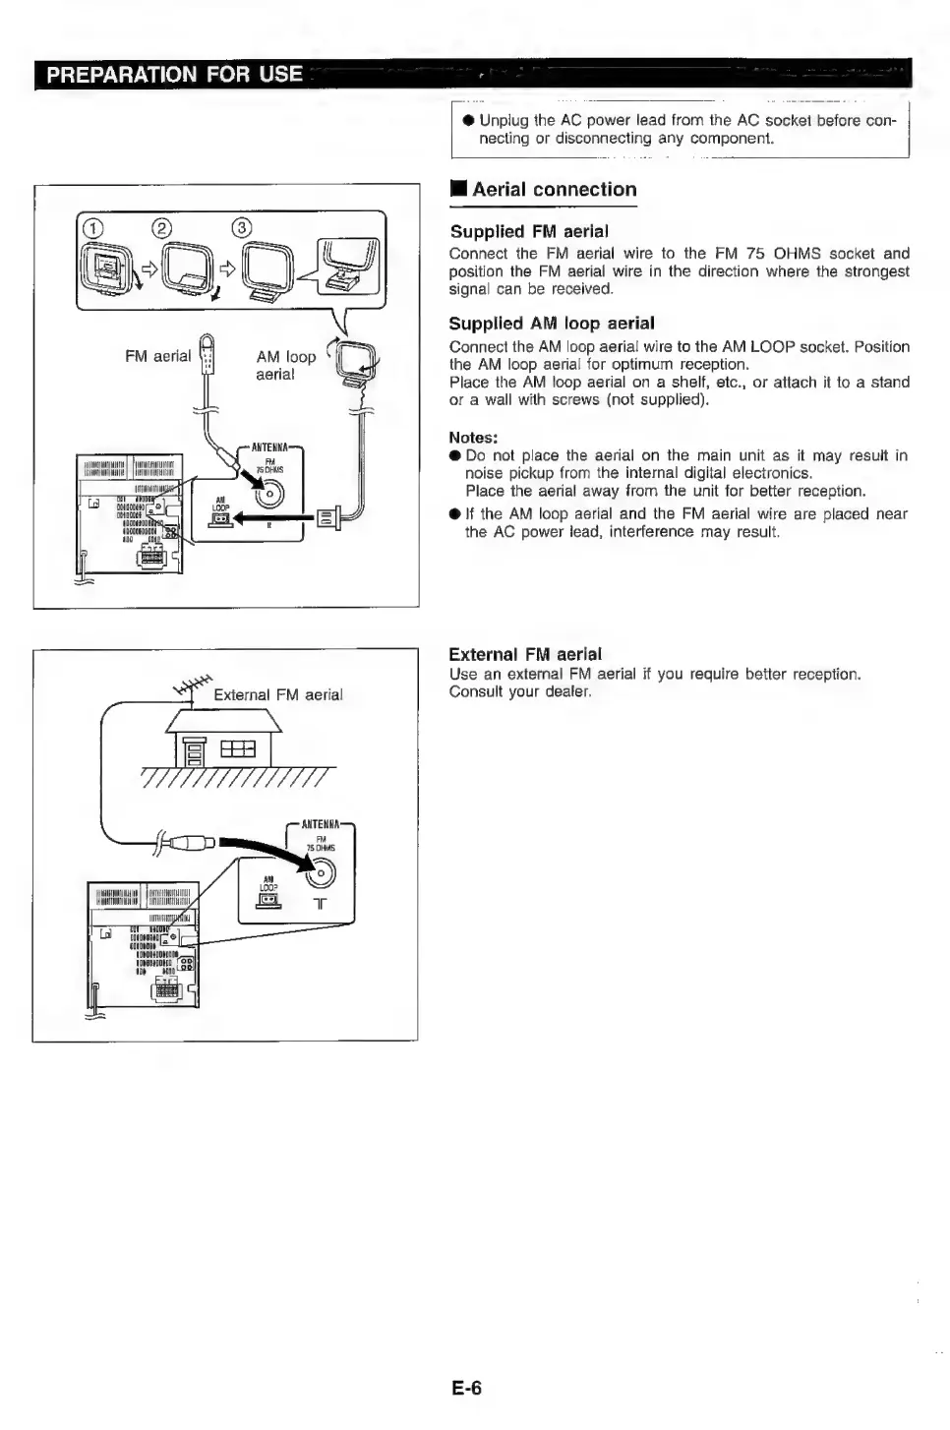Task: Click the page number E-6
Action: tap(467, 1389)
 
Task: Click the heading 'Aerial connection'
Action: tap(554, 190)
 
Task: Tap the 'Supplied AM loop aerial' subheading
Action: tap(551, 324)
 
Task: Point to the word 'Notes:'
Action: tap(473, 438)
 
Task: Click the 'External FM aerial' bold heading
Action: tap(525, 654)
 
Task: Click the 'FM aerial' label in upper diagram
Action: tap(157, 356)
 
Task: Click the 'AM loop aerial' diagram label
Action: tap(285, 365)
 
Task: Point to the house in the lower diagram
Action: tap(225, 740)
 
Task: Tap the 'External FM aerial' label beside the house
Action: tap(277, 695)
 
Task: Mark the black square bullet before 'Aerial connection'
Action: tap(457, 190)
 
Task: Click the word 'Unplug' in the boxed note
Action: tap(504, 120)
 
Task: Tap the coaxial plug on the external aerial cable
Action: tap(193, 842)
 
